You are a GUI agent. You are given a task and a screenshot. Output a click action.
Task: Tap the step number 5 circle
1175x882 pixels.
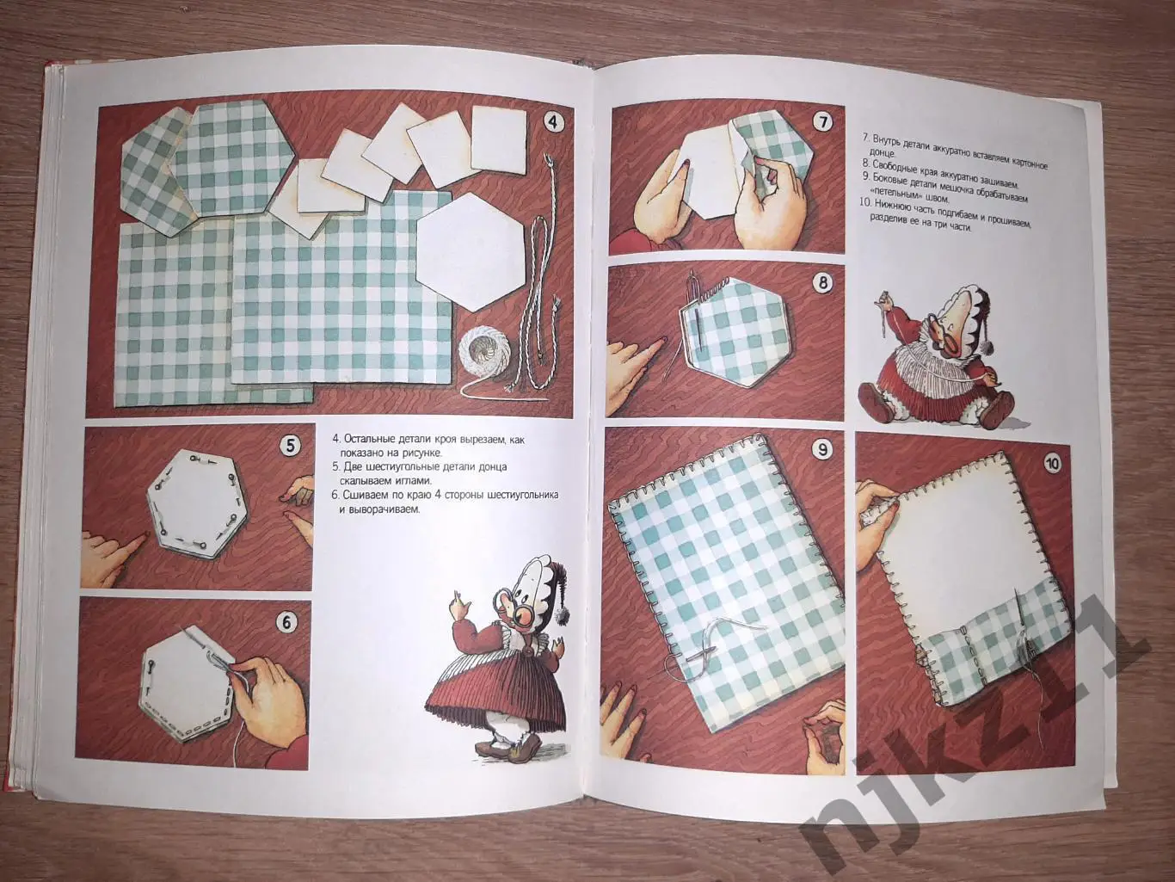(290, 445)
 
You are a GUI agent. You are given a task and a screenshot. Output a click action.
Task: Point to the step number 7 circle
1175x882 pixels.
(821, 122)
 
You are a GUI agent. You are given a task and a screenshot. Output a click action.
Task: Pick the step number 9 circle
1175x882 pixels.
(822, 447)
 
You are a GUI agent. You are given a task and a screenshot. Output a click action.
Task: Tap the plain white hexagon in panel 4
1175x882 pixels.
(469, 252)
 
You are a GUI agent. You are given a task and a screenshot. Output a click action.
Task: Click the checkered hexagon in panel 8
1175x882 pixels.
(732, 331)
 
